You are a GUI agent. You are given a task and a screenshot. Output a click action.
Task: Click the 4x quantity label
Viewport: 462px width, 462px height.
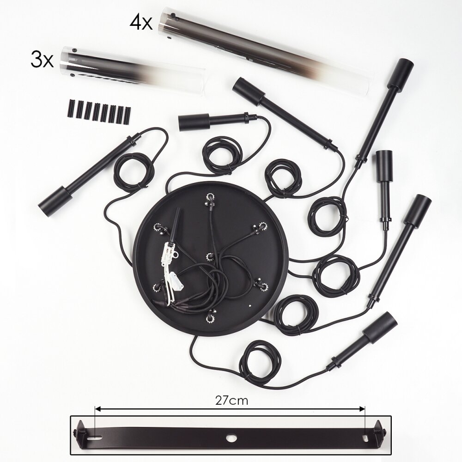tap(141, 23)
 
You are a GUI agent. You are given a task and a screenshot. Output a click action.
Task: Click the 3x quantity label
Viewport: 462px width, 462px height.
tap(42, 61)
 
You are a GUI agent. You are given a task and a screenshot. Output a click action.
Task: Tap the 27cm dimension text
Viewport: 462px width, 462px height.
tap(231, 401)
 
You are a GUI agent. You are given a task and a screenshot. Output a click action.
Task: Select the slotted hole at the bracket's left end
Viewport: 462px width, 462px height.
tap(97, 436)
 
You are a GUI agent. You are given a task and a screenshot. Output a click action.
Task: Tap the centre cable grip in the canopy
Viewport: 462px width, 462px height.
tap(210, 256)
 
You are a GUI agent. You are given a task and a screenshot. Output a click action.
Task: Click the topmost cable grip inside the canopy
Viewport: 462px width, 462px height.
tap(210, 199)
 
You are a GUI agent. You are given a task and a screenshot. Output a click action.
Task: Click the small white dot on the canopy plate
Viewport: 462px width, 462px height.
tap(249, 305)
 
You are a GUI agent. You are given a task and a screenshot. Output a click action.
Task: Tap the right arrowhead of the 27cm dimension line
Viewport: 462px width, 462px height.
tap(362, 409)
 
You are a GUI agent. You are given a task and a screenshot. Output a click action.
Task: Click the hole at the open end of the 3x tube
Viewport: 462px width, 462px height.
tap(74, 50)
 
